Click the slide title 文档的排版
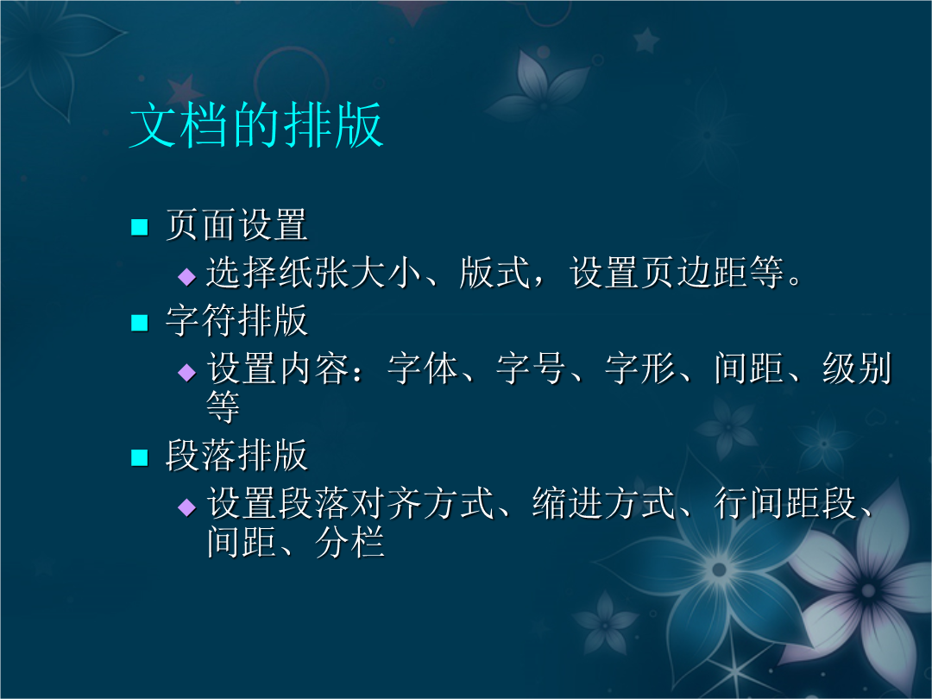pos(256,125)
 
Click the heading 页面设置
pos(236,224)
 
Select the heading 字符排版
pos(236,320)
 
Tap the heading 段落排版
pos(236,456)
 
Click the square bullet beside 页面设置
pos(139,227)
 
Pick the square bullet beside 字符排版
pos(139,323)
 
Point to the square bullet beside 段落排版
pos(139,457)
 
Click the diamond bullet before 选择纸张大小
pos(186,276)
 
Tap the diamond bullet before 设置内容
pos(186,373)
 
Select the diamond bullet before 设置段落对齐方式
pos(186,507)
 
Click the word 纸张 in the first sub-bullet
pos(314,273)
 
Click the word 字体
pos(423,368)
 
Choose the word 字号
pos(531,368)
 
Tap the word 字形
pos(639,368)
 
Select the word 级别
pos(857,368)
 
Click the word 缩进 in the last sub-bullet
pos(568,503)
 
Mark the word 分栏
pos(349,542)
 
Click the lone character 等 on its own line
pos(224,407)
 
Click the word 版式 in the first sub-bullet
pos(494,273)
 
